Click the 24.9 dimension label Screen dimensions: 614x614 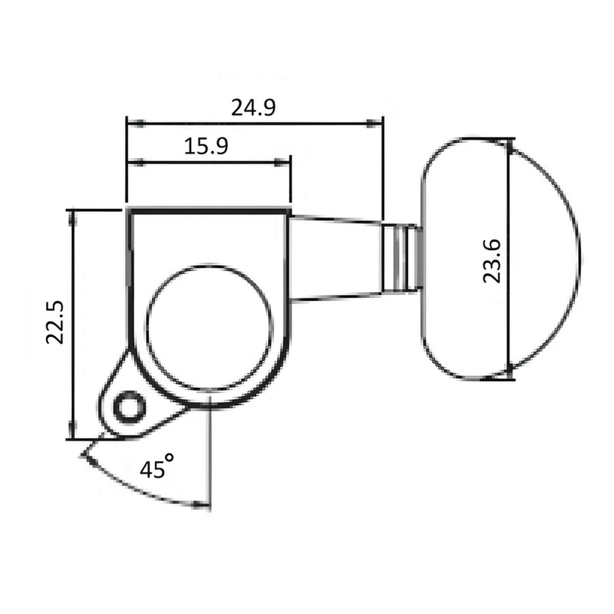tap(253, 107)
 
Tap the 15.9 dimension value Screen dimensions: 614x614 tap(206, 147)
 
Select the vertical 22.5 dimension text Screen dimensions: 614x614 tap(57, 322)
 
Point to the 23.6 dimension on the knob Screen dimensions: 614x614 tap(491, 261)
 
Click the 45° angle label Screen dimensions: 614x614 tap(156, 468)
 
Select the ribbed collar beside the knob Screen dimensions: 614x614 tap(400, 258)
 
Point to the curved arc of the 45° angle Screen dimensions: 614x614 tap(142, 493)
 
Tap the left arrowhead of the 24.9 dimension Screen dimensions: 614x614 tap(137, 122)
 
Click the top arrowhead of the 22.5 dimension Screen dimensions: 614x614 tap(72, 219)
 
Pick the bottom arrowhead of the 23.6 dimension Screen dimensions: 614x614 tap(509, 372)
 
